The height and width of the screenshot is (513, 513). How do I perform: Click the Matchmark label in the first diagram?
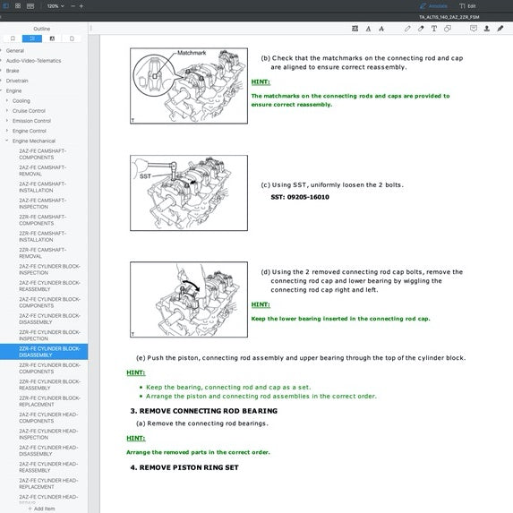tap(192, 53)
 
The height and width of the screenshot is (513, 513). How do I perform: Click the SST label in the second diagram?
tap(144, 176)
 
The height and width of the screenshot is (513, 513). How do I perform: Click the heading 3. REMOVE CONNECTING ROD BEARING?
tap(203, 411)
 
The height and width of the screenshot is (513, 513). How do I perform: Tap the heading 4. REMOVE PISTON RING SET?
tap(184, 467)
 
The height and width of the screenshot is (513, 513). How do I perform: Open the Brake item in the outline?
tap(13, 71)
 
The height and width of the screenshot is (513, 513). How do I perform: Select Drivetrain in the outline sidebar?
tap(17, 81)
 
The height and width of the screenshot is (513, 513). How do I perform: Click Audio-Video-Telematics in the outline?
tap(33, 60)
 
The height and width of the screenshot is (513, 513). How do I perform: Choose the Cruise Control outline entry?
tap(29, 111)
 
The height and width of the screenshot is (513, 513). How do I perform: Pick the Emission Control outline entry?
tap(31, 121)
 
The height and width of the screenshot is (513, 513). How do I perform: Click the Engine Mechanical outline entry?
tap(33, 141)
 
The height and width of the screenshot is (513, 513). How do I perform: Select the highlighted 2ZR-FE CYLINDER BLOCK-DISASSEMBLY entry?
tap(49, 352)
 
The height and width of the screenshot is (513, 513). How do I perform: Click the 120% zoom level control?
tap(53, 5)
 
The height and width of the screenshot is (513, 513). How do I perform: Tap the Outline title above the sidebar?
tap(42, 28)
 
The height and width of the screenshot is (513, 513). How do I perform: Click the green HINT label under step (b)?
tap(261, 81)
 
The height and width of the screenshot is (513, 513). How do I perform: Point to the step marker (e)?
tap(140, 358)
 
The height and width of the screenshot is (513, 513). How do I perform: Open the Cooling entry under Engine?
tap(21, 101)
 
